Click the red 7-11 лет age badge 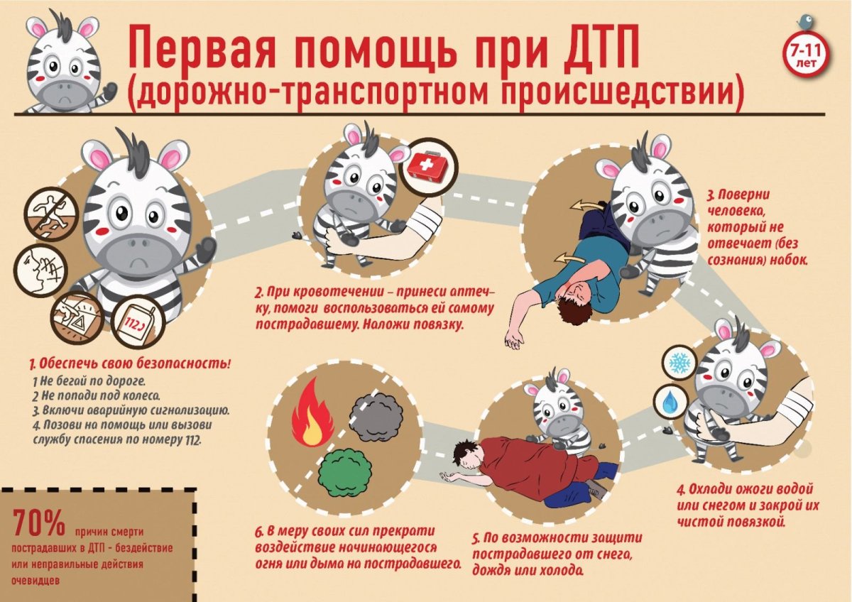(x=806, y=53)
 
